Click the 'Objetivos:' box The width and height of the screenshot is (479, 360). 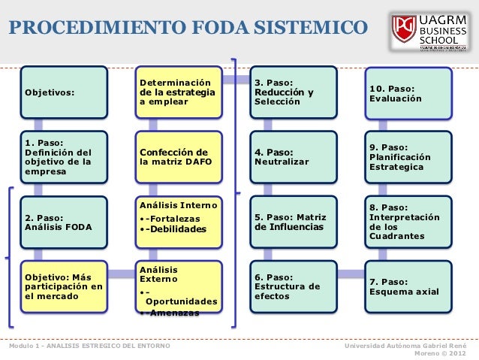64,92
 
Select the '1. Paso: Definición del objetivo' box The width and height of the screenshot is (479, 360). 64,157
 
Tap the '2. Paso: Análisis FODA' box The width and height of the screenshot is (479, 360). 64,222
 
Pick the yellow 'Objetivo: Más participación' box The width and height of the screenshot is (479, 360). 64,286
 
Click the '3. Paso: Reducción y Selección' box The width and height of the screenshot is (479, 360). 294,92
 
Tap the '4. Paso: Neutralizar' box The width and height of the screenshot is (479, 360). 294,157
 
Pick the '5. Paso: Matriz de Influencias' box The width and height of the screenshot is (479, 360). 294,222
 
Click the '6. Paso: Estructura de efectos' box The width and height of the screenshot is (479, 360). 294,286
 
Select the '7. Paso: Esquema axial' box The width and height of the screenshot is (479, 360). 408,286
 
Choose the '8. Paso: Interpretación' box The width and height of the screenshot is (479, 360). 408,222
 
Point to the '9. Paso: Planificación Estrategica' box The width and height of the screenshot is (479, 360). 408,157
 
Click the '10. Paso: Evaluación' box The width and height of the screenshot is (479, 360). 408,92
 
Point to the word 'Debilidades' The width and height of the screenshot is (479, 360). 178,229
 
